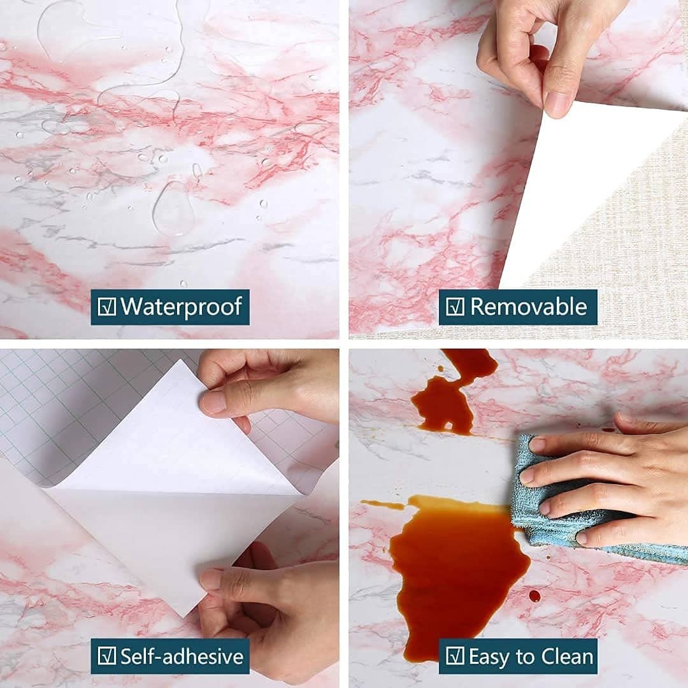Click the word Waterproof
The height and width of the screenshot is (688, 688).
click(181, 306)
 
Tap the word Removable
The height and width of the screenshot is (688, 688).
click(529, 306)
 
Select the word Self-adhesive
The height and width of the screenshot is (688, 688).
click(182, 656)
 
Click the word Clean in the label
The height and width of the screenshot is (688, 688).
click(567, 656)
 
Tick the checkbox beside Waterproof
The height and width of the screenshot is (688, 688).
click(106, 306)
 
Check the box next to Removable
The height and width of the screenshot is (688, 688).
click(455, 306)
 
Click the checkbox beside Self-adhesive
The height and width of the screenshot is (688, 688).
click(106, 656)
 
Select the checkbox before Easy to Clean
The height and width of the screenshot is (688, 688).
click(455, 656)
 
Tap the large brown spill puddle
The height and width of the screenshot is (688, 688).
click(456, 570)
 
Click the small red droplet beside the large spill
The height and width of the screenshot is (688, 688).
click(534, 596)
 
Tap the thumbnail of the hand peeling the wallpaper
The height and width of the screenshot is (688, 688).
click(557, 101)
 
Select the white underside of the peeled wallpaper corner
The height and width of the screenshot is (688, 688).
click(579, 184)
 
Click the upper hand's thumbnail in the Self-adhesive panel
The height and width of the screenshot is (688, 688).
click(213, 403)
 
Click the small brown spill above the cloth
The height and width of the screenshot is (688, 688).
click(443, 404)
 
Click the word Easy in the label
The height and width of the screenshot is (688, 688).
click(491, 657)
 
